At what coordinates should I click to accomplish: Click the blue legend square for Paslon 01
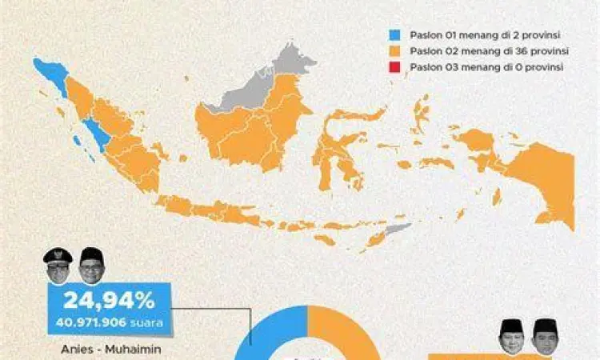[393, 35]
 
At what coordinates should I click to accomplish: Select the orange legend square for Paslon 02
[393, 51]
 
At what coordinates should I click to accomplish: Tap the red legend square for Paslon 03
[393, 67]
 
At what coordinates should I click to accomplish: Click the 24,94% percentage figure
[110, 302]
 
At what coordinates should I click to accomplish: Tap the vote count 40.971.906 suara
[110, 323]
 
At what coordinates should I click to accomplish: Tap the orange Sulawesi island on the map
[332, 148]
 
